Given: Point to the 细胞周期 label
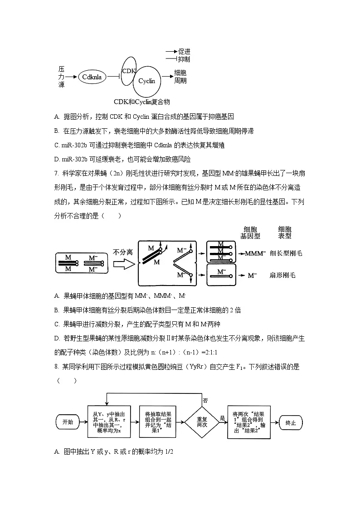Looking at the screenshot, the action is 180,77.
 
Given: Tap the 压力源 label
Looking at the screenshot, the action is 61,77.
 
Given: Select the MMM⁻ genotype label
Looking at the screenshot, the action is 256,254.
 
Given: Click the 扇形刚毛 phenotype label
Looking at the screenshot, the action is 282,275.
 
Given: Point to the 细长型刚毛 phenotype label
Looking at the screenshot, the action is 286,254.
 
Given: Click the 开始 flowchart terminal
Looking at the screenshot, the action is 67,422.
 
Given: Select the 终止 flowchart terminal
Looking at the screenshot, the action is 290,422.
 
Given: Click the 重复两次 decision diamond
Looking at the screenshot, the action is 202,422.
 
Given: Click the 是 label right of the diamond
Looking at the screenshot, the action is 222,418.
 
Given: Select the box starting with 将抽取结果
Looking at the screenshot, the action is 157,422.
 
